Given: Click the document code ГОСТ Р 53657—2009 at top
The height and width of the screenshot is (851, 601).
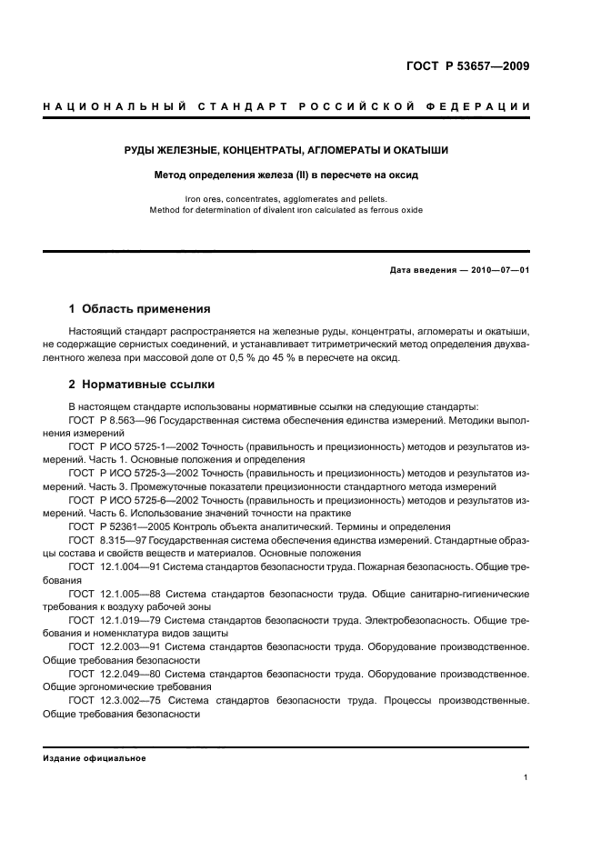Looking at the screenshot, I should [467, 66].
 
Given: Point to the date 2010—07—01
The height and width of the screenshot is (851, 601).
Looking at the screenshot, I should [496, 269].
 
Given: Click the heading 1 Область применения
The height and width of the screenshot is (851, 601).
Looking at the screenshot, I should [140, 309].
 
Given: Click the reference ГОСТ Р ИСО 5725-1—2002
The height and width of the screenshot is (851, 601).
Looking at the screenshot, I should [133, 448].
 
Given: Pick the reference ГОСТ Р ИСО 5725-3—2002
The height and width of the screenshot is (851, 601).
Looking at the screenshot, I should [133, 475].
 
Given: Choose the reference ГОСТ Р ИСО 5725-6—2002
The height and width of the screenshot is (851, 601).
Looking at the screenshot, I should [133, 501].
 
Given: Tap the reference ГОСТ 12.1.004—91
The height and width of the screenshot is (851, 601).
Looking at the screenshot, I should [115, 566].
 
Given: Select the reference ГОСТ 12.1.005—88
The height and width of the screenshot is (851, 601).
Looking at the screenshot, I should [115, 593].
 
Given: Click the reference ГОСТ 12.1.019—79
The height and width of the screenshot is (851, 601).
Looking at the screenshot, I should [115, 620].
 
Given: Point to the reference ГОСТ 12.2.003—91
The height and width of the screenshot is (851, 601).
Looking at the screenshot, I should [115, 646].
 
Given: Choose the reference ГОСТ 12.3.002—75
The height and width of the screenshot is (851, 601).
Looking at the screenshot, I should [115, 700].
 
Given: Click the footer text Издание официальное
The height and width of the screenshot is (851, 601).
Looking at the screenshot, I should [95, 758].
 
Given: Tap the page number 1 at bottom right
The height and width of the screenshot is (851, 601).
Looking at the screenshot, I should [526, 777].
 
